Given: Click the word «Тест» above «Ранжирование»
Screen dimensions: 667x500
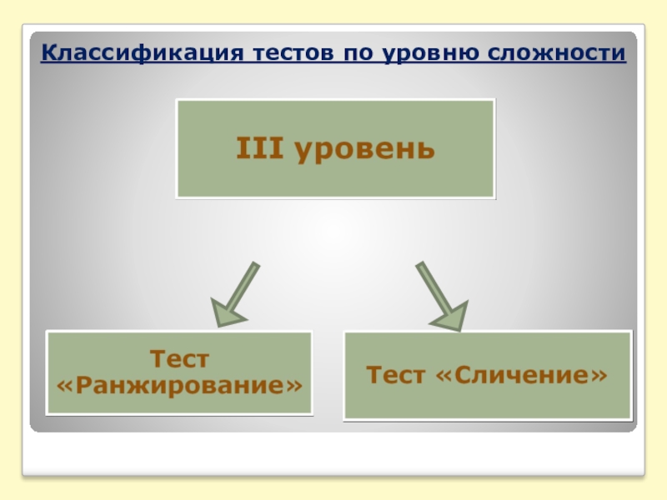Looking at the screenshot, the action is [x=179, y=360].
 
